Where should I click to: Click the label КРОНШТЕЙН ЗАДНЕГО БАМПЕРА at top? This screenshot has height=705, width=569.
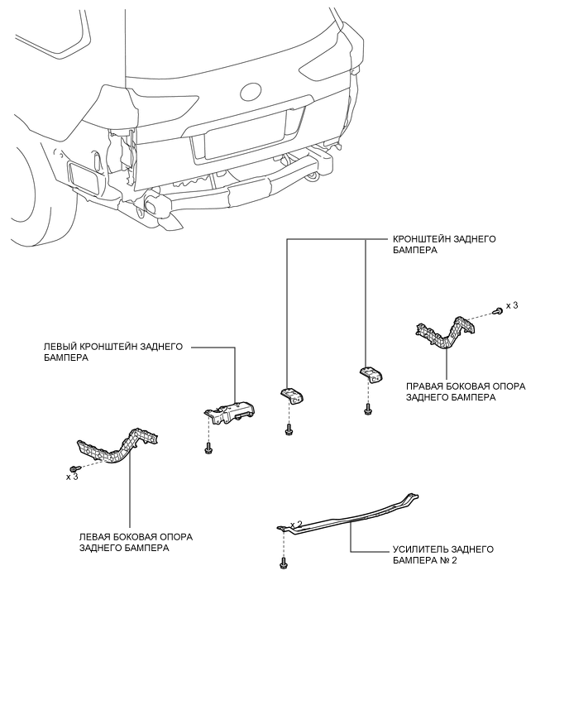[444, 244]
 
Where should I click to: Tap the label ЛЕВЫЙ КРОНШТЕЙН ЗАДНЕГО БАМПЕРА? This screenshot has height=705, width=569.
[113, 352]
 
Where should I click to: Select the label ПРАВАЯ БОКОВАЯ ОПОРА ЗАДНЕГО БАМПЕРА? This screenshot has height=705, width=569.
[466, 391]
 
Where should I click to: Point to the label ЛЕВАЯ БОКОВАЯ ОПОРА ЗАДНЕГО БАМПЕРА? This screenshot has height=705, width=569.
[136, 542]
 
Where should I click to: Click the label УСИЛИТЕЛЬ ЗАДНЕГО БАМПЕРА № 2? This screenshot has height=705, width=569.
[443, 555]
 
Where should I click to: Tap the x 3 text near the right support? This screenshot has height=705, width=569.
[512, 305]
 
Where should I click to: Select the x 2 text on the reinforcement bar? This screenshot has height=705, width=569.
[296, 525]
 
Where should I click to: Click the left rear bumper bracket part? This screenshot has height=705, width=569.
[230, 412]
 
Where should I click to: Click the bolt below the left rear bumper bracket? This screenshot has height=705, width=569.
[208, 448]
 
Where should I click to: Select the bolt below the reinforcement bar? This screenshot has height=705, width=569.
[284, 563]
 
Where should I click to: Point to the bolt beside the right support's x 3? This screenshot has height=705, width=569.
[498, 310]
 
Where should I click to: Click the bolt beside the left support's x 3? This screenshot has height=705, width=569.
[74, 469]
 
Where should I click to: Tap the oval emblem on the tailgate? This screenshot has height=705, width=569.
[251, 92]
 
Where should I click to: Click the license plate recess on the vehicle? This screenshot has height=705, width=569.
[246, 135]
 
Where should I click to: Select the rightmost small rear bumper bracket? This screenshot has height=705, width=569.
[371, 375]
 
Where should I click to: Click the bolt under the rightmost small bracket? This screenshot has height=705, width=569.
[368, 409]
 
